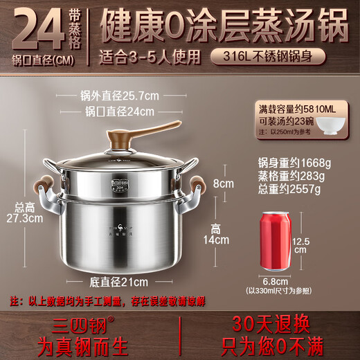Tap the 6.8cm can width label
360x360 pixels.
tap(276, 280)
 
